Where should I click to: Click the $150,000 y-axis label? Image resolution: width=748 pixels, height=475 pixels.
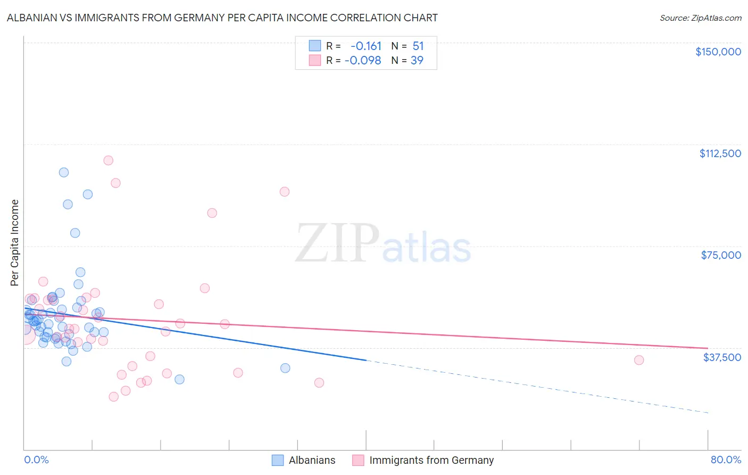(718, 52)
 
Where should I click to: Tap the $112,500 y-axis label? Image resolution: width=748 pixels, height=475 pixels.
(720, 153)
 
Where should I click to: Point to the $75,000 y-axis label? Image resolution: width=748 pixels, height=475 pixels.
(721, 255)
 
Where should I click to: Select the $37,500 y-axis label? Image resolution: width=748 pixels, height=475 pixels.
(722, 357)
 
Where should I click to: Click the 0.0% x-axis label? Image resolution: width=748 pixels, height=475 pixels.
(36, 460)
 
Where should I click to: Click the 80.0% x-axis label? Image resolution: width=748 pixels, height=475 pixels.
(726, 460)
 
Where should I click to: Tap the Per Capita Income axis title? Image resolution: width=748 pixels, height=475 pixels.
(15, 242)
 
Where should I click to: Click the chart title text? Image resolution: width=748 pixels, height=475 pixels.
(222, 18)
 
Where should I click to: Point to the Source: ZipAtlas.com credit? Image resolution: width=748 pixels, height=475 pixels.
(700, 18)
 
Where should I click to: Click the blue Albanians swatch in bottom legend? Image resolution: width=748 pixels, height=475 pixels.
(278, 460)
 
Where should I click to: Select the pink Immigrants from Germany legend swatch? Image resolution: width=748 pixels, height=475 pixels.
(359, 460)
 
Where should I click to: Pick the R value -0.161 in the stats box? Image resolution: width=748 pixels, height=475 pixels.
(366, 46)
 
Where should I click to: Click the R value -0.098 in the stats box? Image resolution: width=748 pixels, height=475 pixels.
(363, 60)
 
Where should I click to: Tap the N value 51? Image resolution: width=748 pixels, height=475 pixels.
(418, 46)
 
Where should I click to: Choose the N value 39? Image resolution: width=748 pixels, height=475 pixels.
(417, 60)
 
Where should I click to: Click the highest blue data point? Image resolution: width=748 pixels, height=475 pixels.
(64, 173)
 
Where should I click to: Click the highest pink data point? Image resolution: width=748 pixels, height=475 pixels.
(109, 160)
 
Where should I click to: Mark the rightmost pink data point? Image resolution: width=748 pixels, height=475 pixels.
(639, 360)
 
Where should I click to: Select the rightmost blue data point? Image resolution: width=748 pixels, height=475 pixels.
(285, 368)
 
